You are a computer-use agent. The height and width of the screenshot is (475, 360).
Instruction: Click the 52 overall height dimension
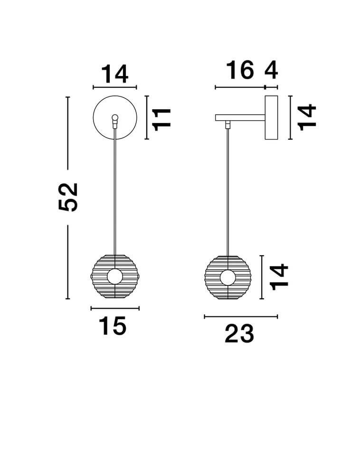68,197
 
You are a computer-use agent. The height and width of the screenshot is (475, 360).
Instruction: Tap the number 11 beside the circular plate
162,119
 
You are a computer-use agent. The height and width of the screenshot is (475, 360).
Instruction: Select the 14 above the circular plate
114,74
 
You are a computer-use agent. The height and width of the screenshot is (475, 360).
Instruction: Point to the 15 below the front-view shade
113,326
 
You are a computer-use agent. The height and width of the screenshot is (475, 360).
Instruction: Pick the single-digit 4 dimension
271,70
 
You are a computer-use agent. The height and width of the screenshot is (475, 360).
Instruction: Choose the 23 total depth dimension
239,333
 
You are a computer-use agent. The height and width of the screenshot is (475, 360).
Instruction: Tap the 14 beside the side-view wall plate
307,117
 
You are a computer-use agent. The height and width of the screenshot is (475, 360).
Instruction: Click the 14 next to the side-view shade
279,277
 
